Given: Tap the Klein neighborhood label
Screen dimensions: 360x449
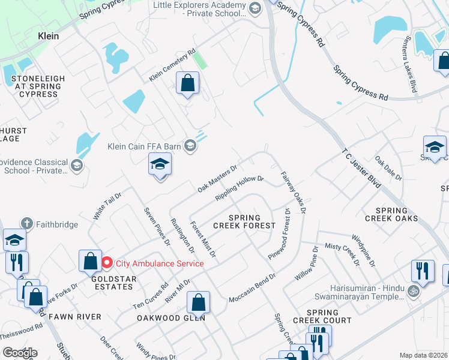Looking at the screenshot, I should click(48, 36).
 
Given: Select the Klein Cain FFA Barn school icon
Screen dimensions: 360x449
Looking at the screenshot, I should click(190, 146).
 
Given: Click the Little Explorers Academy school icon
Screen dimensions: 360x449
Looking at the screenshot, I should click(255, 7).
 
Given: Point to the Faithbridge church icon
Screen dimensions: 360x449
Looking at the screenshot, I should click(25, 223).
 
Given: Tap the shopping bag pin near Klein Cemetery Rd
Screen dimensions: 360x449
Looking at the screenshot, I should click(188, 83).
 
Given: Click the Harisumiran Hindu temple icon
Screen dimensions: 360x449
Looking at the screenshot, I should click(412, 292).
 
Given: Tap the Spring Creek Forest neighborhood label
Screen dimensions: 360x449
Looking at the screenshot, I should click(244, 221).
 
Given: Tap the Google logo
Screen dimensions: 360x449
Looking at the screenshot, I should click(20, 352).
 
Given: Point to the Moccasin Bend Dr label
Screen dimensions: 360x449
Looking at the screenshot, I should click(252, 288).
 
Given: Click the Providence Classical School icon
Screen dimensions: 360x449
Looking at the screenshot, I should click(76, 165).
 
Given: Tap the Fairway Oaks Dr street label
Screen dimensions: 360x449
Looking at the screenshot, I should click(294, 193).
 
